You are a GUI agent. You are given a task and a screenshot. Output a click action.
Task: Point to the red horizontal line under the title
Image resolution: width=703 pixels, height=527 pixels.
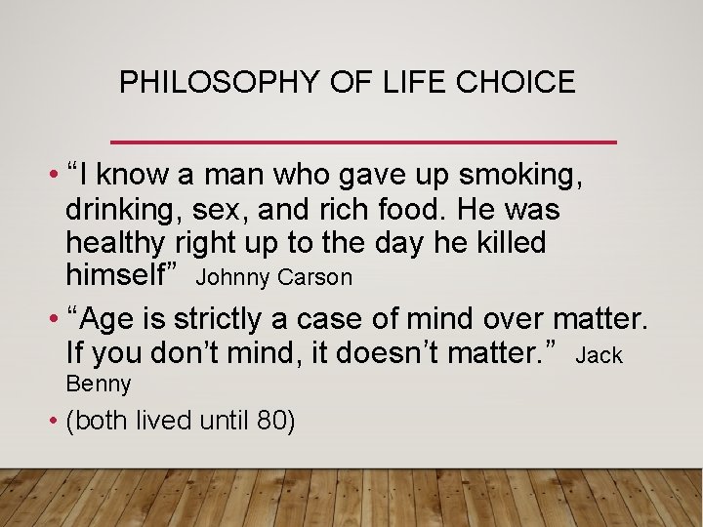tap(364, 142)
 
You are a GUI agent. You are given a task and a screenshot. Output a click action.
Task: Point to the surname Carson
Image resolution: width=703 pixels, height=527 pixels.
tap(314, 278)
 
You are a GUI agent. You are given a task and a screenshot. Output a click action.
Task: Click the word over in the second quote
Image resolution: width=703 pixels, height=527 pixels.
tap(510, 319)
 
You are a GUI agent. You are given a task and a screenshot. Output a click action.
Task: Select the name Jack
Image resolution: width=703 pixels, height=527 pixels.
tap(599, 356)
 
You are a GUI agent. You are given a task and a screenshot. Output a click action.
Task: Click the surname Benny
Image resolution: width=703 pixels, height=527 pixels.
tap(99, 385)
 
